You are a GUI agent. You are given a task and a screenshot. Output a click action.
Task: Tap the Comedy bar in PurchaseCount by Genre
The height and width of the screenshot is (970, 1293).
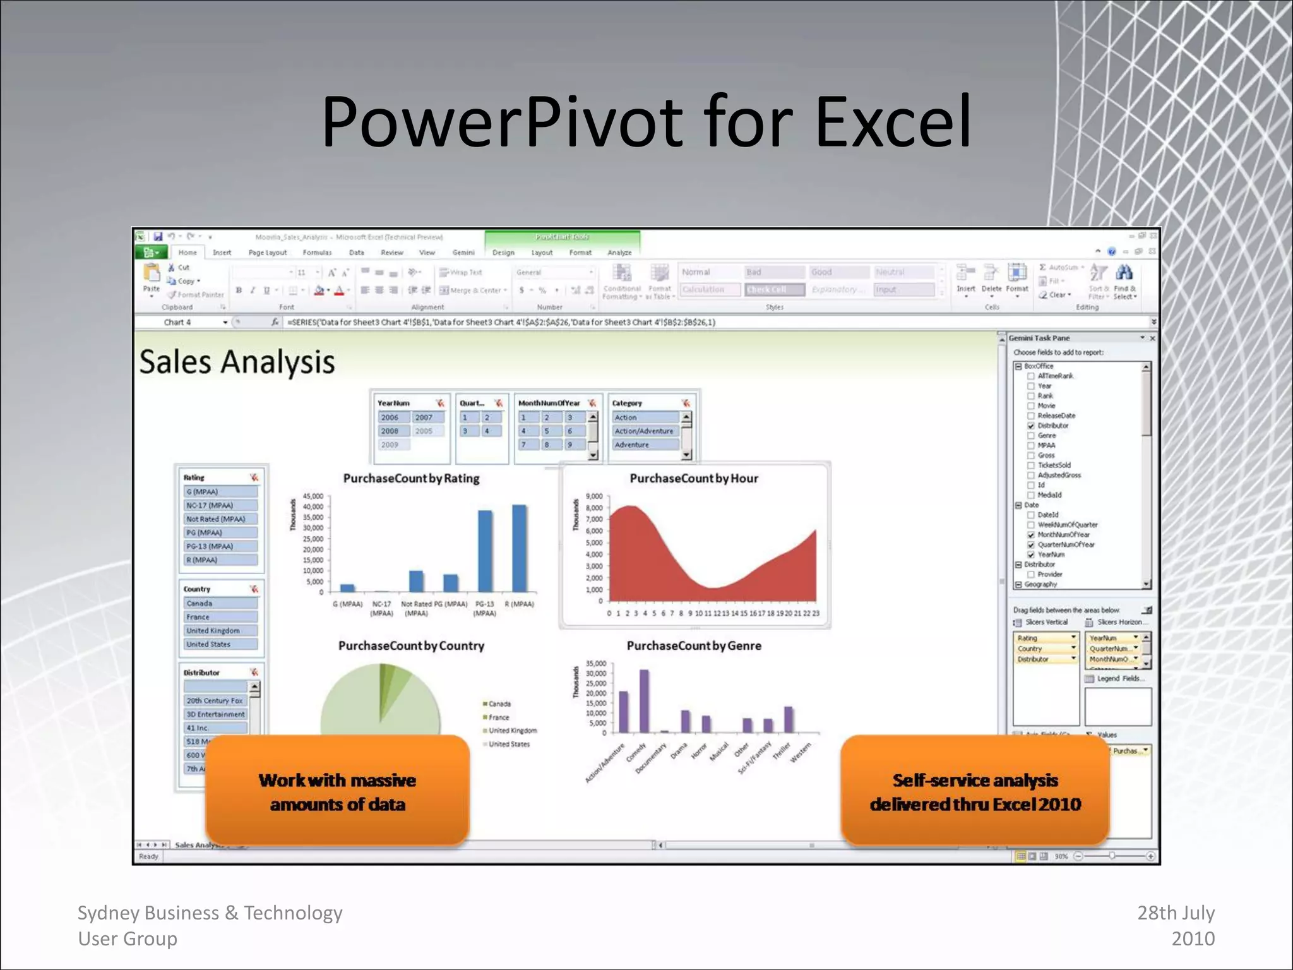click(x=644, y=701)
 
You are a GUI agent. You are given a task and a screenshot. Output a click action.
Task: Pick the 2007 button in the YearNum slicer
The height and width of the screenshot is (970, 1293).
click(x=424, y=417)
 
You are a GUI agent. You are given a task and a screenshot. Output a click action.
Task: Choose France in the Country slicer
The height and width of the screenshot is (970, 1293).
click(x=220, y=617)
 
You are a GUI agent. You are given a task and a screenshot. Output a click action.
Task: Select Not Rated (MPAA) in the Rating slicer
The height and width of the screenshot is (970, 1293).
click(x=220, y=519)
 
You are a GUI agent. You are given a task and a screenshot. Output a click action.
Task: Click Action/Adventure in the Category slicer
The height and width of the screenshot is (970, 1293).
click(x=645, y=431)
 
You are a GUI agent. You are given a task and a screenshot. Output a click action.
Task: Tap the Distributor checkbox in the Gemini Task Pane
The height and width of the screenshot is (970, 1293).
click(x=1031, y=426)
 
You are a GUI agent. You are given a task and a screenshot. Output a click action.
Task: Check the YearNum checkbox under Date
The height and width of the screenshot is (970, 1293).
click(x=1031, y=554)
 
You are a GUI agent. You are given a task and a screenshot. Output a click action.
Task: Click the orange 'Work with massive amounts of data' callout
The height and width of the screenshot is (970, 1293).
click(x=337, y=792)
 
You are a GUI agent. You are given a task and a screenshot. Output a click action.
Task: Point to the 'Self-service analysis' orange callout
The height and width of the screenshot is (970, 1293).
click(x=975, y=792)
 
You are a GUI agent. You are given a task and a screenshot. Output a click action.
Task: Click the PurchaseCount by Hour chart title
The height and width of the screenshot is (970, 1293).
click(x=694, y=479)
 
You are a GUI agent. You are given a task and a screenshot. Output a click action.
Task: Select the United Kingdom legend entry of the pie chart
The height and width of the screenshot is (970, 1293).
click(x=512, y=731)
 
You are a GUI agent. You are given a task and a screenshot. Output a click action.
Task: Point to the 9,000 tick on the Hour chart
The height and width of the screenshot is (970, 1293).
click(x=594, y=496)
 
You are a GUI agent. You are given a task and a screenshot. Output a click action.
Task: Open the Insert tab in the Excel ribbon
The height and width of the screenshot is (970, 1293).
click(x=222, y=253)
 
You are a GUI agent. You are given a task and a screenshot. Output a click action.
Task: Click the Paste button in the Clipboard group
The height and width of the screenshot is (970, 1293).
click(x=152, y=278)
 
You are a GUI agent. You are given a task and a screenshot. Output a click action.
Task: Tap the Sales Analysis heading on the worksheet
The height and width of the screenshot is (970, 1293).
click(x=237, y=362)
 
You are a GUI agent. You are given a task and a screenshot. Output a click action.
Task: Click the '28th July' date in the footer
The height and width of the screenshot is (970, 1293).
click(x=1176, y=913)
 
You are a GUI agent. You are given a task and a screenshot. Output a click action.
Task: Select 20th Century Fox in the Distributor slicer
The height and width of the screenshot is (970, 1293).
click(x=215, y=701)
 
